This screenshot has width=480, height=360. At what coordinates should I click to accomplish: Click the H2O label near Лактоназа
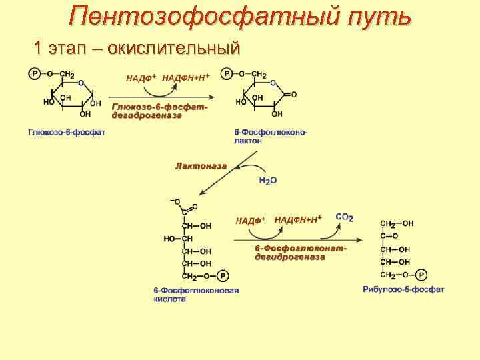[267, 181]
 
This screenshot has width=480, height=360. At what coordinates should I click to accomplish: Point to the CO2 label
[345, 217]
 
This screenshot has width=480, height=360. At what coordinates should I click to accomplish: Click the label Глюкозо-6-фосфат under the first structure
[67, 133]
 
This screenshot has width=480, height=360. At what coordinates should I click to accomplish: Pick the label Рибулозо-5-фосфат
[403, 289]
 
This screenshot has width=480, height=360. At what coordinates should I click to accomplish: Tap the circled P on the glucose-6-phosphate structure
[33, 74]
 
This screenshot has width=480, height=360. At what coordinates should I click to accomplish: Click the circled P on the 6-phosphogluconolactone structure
[228, 74]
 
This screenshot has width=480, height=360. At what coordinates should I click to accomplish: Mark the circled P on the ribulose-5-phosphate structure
[421, 274]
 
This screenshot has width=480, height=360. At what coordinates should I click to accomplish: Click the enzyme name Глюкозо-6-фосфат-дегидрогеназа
[160, 111]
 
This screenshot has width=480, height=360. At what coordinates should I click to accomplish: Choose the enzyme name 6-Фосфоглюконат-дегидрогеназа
[300, 253]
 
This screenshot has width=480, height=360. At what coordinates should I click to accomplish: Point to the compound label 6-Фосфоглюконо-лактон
[271, 137]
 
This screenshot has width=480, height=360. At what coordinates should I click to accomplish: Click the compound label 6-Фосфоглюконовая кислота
[196, 295]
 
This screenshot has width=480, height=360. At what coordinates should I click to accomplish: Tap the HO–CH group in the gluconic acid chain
[178, 238]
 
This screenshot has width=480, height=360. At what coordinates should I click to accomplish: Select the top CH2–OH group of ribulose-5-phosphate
[397, 223]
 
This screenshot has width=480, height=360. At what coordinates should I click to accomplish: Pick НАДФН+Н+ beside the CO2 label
[298, 219]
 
